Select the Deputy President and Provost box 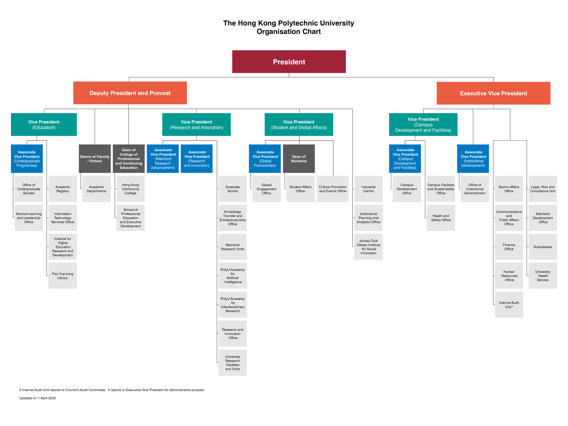click(130, 93)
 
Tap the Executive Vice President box click(493, 93)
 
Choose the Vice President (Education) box click(44, 125)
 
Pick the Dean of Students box click(299, 159)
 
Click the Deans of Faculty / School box click(95, 159)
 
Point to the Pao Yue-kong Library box click(63, 276)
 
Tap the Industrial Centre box click(368, 189)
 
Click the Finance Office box click(509, 247)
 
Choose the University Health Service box click(543, 276)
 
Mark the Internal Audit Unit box click(509, 305)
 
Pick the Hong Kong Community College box click(130, 189)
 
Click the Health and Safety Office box click(441, 218)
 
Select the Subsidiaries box click(543, 247)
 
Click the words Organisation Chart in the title click(289, 32)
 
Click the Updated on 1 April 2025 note click(37, 398)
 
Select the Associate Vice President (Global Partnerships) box click(265, 159)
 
